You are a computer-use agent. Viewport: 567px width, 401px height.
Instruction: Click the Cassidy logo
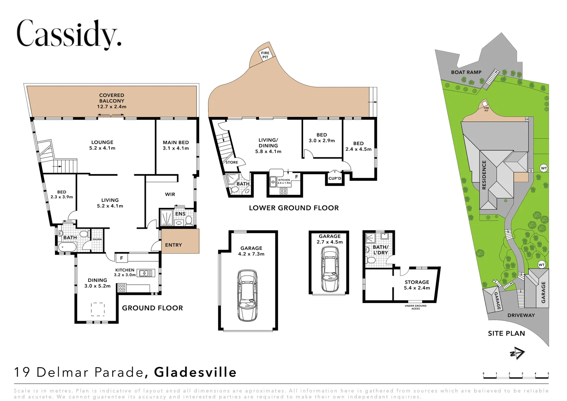click(x=69, y=34)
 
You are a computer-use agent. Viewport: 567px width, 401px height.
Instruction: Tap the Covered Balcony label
click(x=112, y=101)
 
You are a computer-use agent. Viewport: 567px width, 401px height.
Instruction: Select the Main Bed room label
click(x=176, y=145)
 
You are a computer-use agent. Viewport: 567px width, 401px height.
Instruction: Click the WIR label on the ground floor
click(x=170, y=194)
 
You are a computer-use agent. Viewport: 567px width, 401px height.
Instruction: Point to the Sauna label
click(x=97, y=239)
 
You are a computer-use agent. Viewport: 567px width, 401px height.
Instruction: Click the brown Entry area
click(x=180, y=241)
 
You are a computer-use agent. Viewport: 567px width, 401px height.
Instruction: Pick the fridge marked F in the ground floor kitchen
click(x=121, y=258)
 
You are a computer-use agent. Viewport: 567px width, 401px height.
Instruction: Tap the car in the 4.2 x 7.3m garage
click(x=247, y=296)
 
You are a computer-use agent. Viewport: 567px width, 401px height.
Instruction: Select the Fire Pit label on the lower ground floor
click(x=265, y=55)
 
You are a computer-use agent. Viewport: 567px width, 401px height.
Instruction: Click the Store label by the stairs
click(x=232, y=162)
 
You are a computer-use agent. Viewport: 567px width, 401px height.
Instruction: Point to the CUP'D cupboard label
click(x=335, y=178)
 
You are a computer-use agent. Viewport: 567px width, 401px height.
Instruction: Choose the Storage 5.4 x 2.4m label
click(x=417, y=285)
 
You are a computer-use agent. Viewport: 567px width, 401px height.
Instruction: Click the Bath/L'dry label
click(x=380, y=250)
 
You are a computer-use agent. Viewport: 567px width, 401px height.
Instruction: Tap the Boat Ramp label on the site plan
click(x=466, y=72)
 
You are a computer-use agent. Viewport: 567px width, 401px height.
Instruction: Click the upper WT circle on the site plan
click(x=544, y=168)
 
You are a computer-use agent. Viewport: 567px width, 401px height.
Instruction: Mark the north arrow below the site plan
click(x=517, y=353)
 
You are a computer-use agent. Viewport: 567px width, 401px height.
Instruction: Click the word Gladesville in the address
click(x=195, y=372)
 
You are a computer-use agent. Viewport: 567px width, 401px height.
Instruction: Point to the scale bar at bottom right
click(x=516, y=376)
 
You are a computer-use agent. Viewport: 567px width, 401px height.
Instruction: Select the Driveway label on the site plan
click(x=521, y=315)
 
